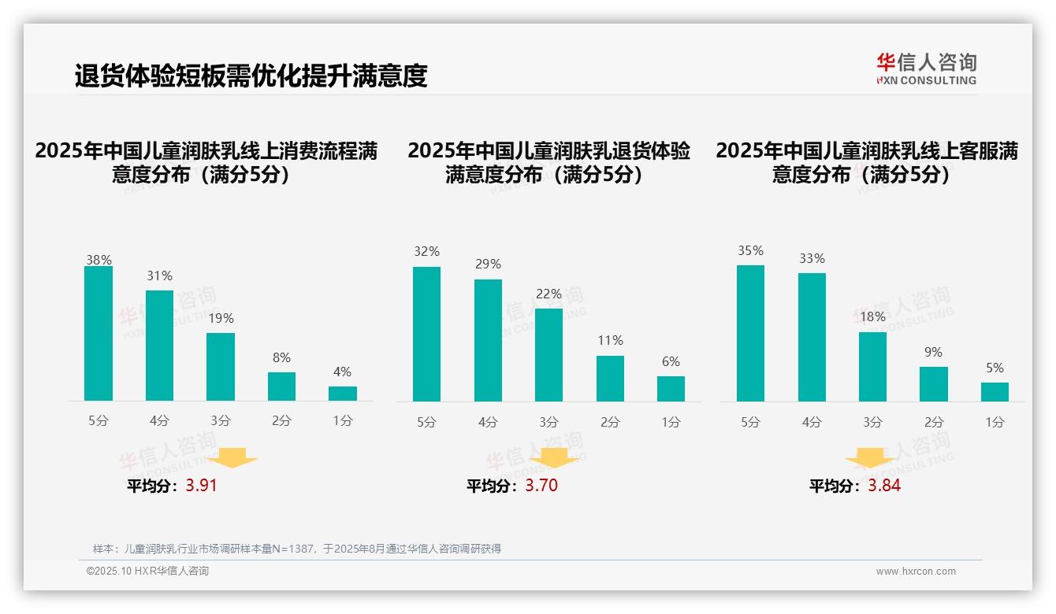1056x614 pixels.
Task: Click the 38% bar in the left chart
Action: coord(99,334)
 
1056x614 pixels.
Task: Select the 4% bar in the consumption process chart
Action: coord(343,394)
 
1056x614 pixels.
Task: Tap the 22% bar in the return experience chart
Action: coord(549,355)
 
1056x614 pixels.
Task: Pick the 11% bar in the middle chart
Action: coord(610,379)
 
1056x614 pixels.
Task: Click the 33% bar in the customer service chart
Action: coord(812,337)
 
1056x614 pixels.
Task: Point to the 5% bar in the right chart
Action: coord(995,392)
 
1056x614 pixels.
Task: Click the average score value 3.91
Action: coord(201,486)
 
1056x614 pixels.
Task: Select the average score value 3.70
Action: coord(541,486)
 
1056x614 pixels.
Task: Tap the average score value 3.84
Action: coord(884,486)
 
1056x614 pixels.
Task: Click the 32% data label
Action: coord(426,252)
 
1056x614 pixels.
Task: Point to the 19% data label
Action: coord(221,319)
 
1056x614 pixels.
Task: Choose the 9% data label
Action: coord(933,353)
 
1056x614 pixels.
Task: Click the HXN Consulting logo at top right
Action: coord(926,68)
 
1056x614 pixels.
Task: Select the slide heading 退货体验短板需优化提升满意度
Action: coord(251,76)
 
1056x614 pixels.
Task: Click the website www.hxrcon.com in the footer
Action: coord(916,571)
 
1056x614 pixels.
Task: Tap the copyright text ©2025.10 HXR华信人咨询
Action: coord(147,571)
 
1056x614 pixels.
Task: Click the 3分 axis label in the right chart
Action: coord(872,422)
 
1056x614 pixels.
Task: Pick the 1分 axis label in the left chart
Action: coord(343,421)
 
